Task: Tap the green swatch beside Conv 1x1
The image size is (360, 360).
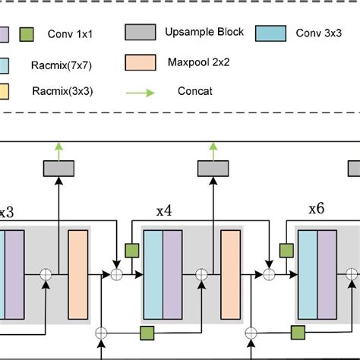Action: click(x=27, y=34)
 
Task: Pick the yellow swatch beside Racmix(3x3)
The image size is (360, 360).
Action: click(x=2, y=92)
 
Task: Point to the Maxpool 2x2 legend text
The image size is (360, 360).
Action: click(x=196, y=60)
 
